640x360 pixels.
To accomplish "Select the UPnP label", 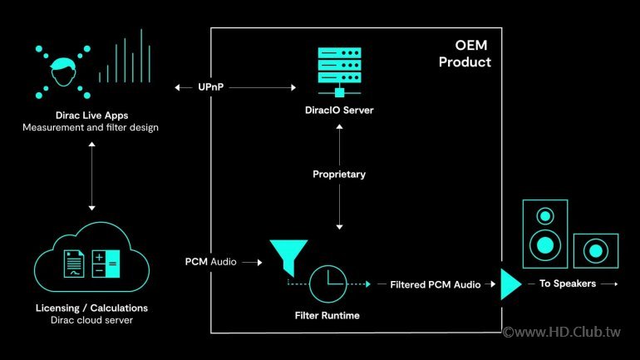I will [214, 87].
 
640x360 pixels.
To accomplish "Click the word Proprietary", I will [339, 175].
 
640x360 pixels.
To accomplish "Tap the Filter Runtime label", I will [327, 317].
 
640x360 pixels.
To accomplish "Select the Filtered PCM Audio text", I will [436, 284].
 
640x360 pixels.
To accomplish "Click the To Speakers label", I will [562, 284].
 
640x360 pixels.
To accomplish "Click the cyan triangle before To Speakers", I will [510, 284].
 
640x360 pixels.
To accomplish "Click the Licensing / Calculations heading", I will [92, 308].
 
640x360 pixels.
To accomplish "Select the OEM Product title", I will [465, 54].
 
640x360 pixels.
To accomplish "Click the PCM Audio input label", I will [210, 262].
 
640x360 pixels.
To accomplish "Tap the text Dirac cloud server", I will [92, 321].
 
